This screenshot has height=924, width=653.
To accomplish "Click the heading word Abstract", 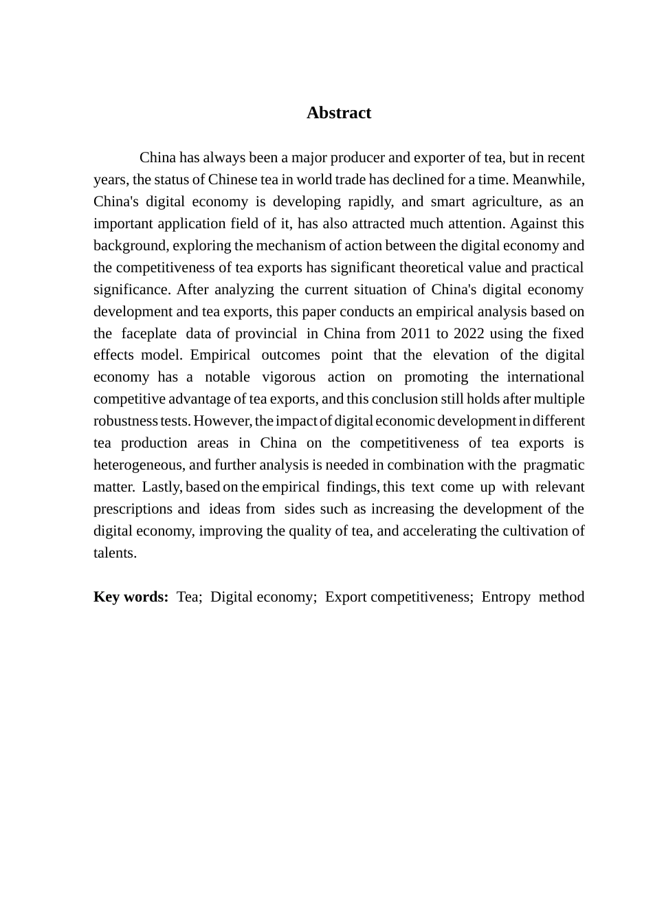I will click(338, 113).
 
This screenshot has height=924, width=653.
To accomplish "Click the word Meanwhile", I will click(548, 179).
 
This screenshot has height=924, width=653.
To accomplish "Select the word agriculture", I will click(502, 201).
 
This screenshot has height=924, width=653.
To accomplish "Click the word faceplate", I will click(148, 333).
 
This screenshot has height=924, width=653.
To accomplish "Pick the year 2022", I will click(468, 333).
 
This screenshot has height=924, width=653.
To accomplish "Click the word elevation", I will click(461, 355).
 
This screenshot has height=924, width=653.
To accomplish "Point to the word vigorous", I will click(289, 377).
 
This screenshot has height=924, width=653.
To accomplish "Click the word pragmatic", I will click(553, 465).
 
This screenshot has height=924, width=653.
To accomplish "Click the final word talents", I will click(114, 553).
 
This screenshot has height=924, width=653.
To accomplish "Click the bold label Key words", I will click(131, 597).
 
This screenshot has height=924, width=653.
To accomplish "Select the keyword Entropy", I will click(505, 597).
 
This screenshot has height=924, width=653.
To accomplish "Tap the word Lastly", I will click(162, 487).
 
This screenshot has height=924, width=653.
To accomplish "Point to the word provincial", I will click(266, 333).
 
